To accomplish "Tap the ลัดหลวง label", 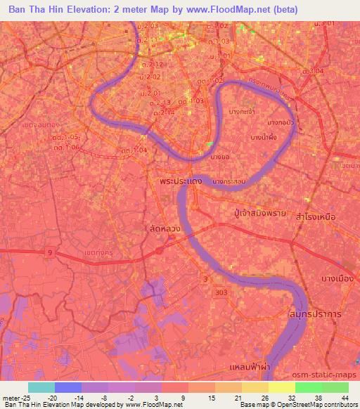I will (164, 229).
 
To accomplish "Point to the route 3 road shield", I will (205, 280).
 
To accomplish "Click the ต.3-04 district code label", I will (312, 71).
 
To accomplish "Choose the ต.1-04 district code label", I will (133, 150).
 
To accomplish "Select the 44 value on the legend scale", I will (344, 397).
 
